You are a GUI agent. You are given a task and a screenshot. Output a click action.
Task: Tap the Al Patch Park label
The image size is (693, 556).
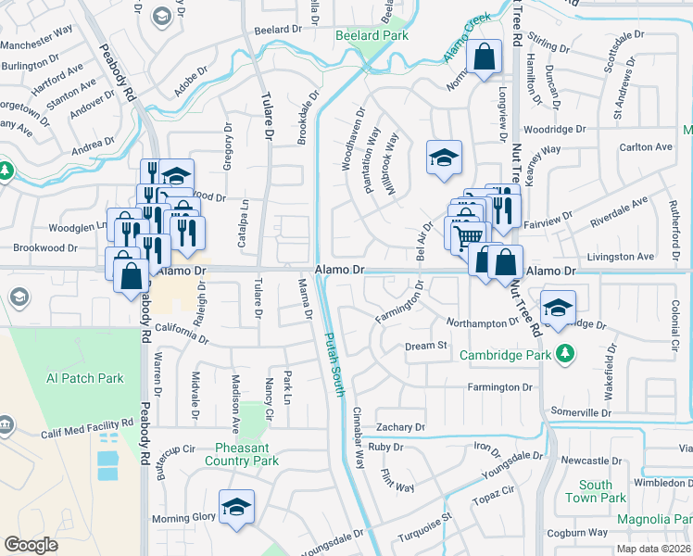(x=85, y=378)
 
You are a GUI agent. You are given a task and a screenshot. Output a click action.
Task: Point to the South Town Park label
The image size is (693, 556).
(x=596, y=491)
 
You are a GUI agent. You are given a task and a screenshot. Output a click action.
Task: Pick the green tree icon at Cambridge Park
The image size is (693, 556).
(x=563, y=353)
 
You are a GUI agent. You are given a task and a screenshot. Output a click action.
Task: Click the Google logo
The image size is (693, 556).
(x=31, y=544)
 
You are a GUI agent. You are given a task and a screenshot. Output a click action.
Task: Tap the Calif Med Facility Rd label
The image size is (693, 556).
(x=87, y=428)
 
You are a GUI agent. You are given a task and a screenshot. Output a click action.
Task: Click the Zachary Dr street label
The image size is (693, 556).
(x=399, y=427)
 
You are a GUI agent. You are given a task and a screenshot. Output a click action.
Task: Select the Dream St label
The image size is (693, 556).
(x=426, y=346)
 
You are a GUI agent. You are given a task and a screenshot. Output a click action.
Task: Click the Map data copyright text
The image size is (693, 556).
(x=649, y=548)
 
